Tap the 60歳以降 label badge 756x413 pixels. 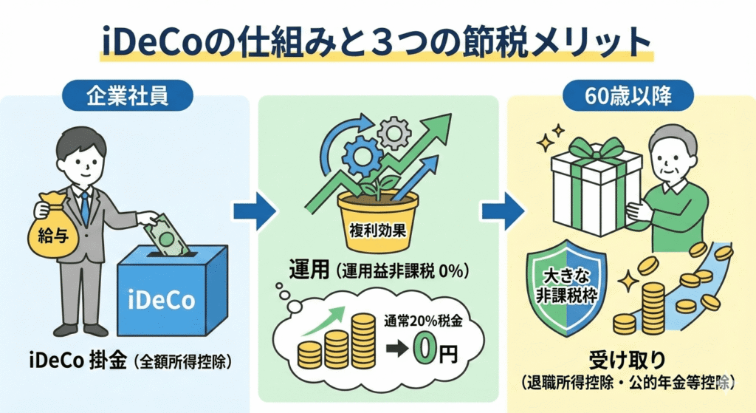pyautogui.click(x=628, y=95)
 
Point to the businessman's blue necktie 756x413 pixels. pyautogui.click(x=85, y=208)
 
